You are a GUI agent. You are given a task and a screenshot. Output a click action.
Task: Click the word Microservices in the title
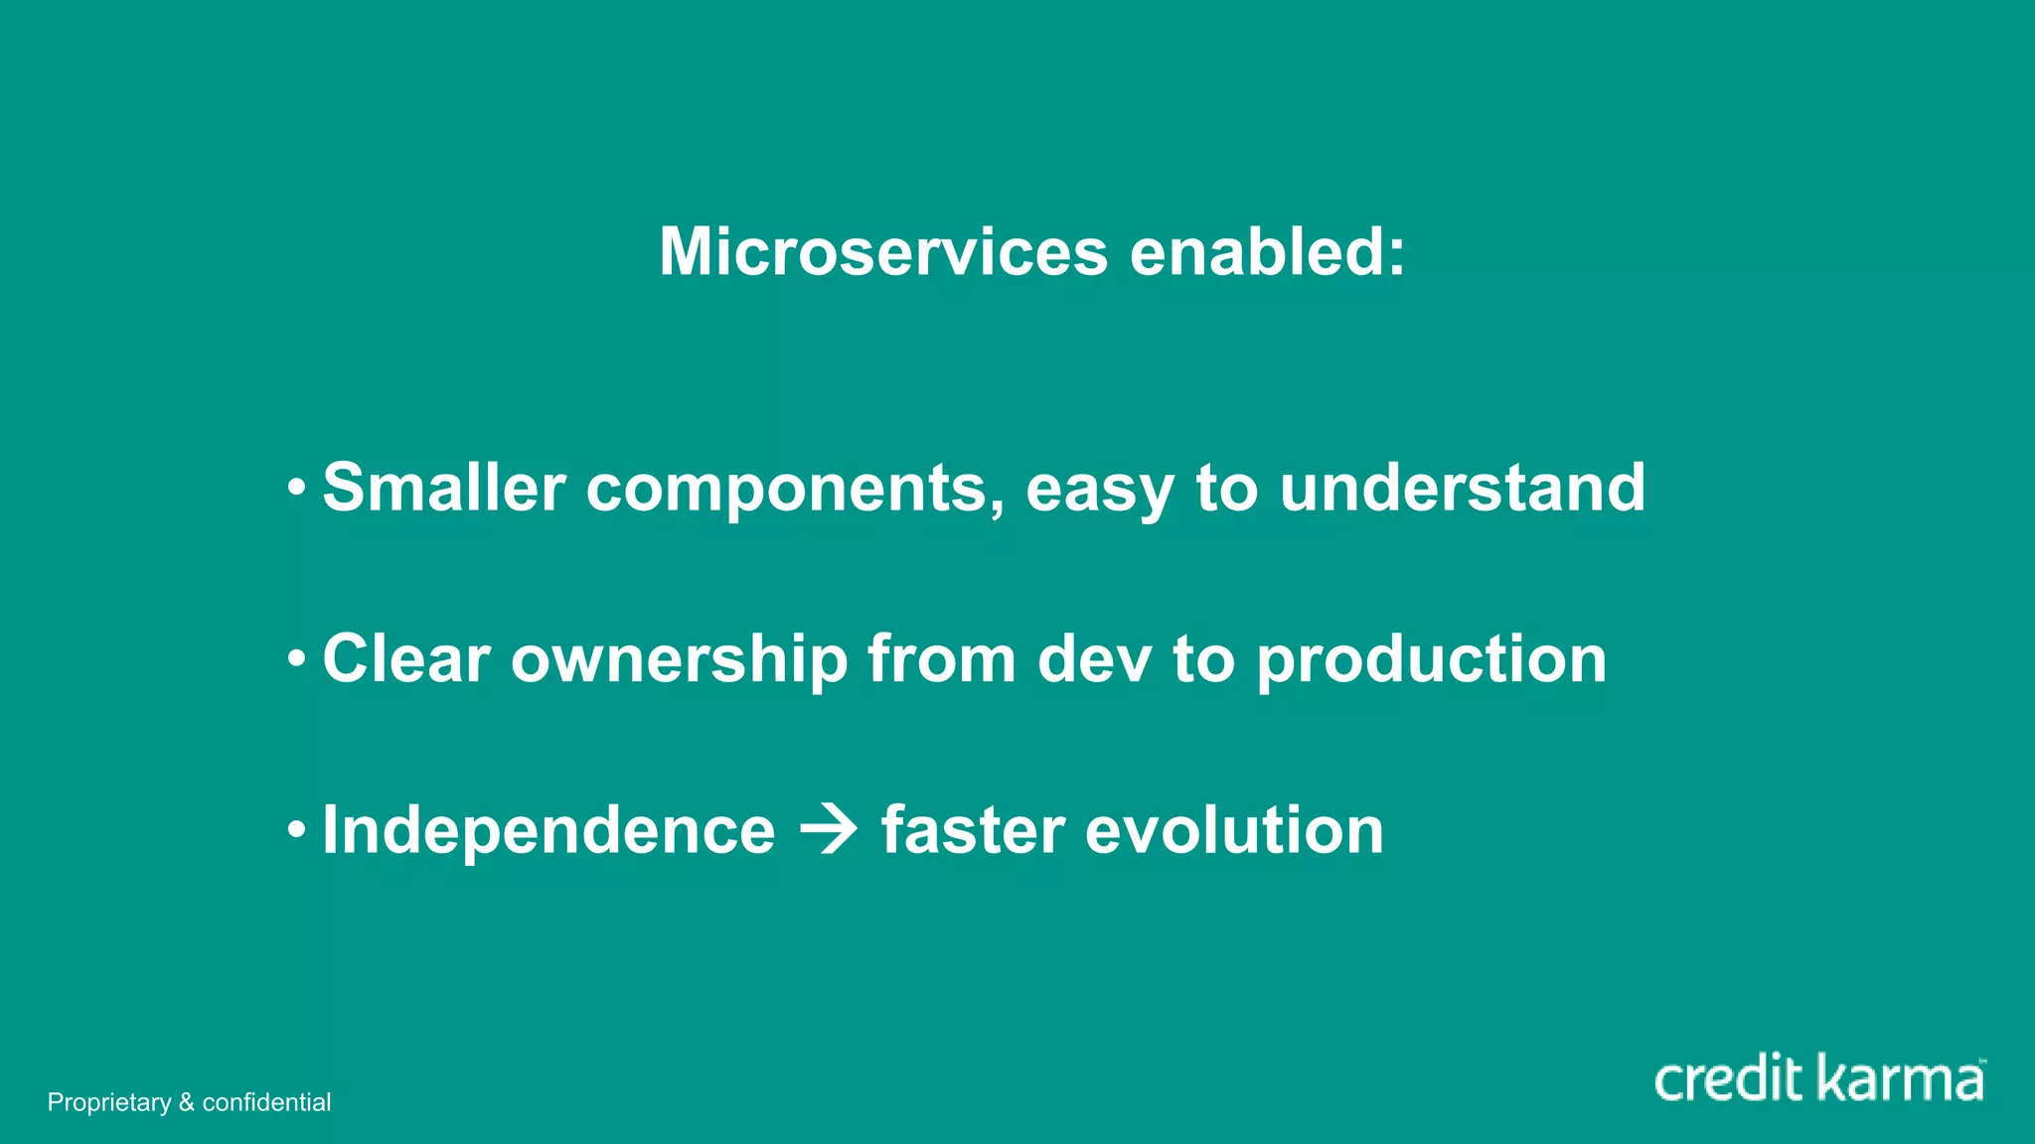(882, 251)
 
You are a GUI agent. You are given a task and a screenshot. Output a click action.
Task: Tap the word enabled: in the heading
(1268, 251)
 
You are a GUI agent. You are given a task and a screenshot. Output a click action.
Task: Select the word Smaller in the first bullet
(443, 488)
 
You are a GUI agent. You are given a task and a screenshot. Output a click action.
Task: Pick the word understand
(1462, 488)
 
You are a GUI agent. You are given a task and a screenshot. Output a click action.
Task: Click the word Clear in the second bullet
(406, 658)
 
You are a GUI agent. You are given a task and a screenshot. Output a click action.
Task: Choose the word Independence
(548, 830)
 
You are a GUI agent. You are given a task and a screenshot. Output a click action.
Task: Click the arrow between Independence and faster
(829, 830)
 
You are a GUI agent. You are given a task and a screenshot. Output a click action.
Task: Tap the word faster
(973, 830)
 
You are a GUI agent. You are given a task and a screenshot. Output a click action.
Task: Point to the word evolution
(1234, 830)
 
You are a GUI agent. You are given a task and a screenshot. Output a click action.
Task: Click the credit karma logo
(1818, 1079)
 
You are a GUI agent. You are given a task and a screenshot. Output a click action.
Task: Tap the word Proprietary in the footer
(109, 1102)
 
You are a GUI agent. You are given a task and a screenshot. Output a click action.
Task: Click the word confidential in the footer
(266, 1102)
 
